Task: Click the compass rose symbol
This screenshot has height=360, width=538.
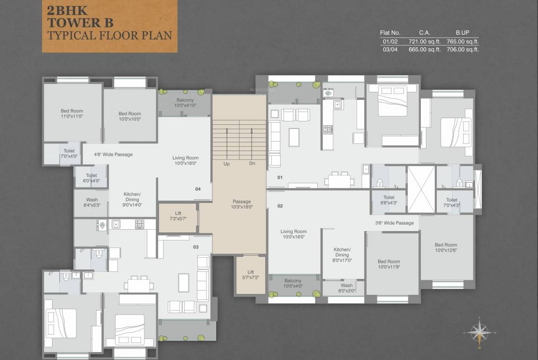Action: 479,333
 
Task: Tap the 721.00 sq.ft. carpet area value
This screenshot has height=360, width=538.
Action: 425,41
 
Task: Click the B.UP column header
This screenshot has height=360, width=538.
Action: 462,33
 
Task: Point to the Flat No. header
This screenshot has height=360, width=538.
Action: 389,33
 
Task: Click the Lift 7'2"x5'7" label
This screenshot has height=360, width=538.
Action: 178,216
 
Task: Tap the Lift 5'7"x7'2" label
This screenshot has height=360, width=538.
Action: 251,275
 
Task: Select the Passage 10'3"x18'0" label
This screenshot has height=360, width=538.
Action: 242,204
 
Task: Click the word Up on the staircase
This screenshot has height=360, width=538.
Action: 226,164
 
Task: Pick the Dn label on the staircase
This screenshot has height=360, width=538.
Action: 252,164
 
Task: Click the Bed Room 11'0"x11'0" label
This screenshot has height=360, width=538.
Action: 72,113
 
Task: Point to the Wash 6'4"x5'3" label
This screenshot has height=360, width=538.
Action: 92,202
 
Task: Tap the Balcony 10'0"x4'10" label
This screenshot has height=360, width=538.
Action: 185,103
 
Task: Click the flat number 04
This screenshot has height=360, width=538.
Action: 198,189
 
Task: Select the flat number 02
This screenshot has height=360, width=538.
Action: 280,206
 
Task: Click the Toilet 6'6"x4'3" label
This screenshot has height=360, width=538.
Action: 389,200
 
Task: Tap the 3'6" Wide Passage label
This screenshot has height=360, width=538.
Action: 394,223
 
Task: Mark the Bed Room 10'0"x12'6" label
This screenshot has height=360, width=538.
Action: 446,247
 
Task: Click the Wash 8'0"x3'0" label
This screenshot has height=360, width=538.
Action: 347,288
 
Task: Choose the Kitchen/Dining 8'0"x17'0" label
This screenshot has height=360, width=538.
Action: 342,255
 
